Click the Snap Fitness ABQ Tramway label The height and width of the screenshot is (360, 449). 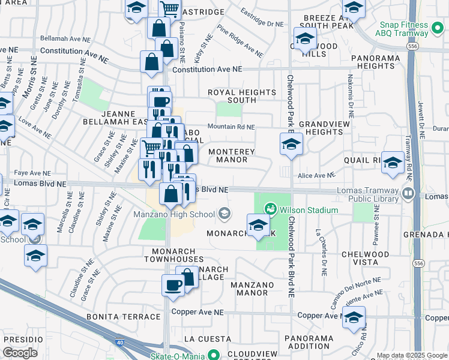click(x=403, y=29)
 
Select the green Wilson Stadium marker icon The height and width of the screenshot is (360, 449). click(x=271, y=209)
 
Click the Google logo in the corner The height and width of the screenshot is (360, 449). click(x=20, y=353)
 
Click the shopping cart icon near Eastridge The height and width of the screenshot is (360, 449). click(x=170, y=8)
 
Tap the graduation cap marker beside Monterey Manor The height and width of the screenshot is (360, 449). click(x=291, y=144)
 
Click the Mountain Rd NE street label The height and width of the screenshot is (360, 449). click(x=231, y=127)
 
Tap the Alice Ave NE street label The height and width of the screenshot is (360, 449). click(x=316, y=175)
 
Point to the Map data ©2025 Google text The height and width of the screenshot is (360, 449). click(x=411, y=355)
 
